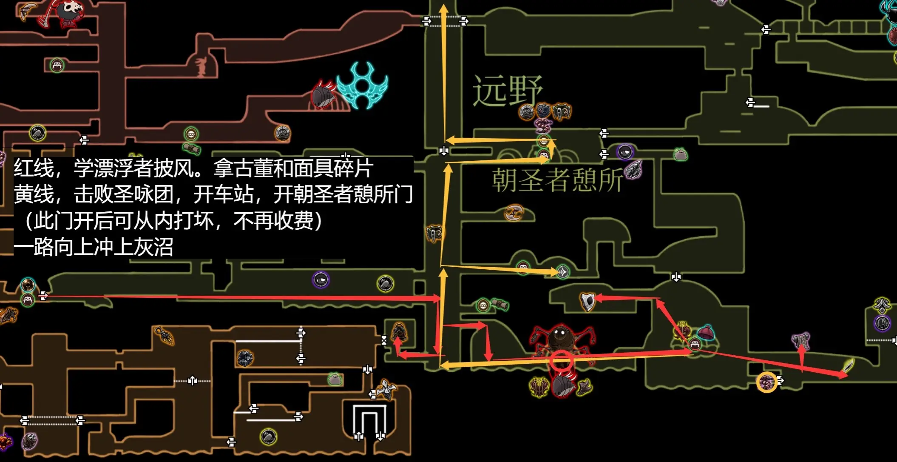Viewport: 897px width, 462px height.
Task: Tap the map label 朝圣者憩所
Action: (557, 180)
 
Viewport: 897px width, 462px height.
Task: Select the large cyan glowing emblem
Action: (362, 86)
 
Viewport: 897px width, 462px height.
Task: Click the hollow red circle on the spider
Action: (562, 361)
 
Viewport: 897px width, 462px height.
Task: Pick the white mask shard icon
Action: (588, 301)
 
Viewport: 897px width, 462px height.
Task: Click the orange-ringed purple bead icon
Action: (767, 382)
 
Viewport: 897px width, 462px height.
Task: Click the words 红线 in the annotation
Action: (34, 168)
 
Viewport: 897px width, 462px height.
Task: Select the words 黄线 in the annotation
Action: (34, 195)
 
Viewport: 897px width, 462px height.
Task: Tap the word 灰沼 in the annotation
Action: (153, 247)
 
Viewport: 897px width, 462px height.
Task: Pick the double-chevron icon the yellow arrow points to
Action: (563, 271)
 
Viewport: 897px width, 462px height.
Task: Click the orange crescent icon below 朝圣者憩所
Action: (514, 212)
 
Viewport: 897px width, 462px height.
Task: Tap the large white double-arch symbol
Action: (369, 422)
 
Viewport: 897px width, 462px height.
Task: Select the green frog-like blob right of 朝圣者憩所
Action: (681, 154)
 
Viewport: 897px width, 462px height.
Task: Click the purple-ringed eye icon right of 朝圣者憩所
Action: (625, 151)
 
